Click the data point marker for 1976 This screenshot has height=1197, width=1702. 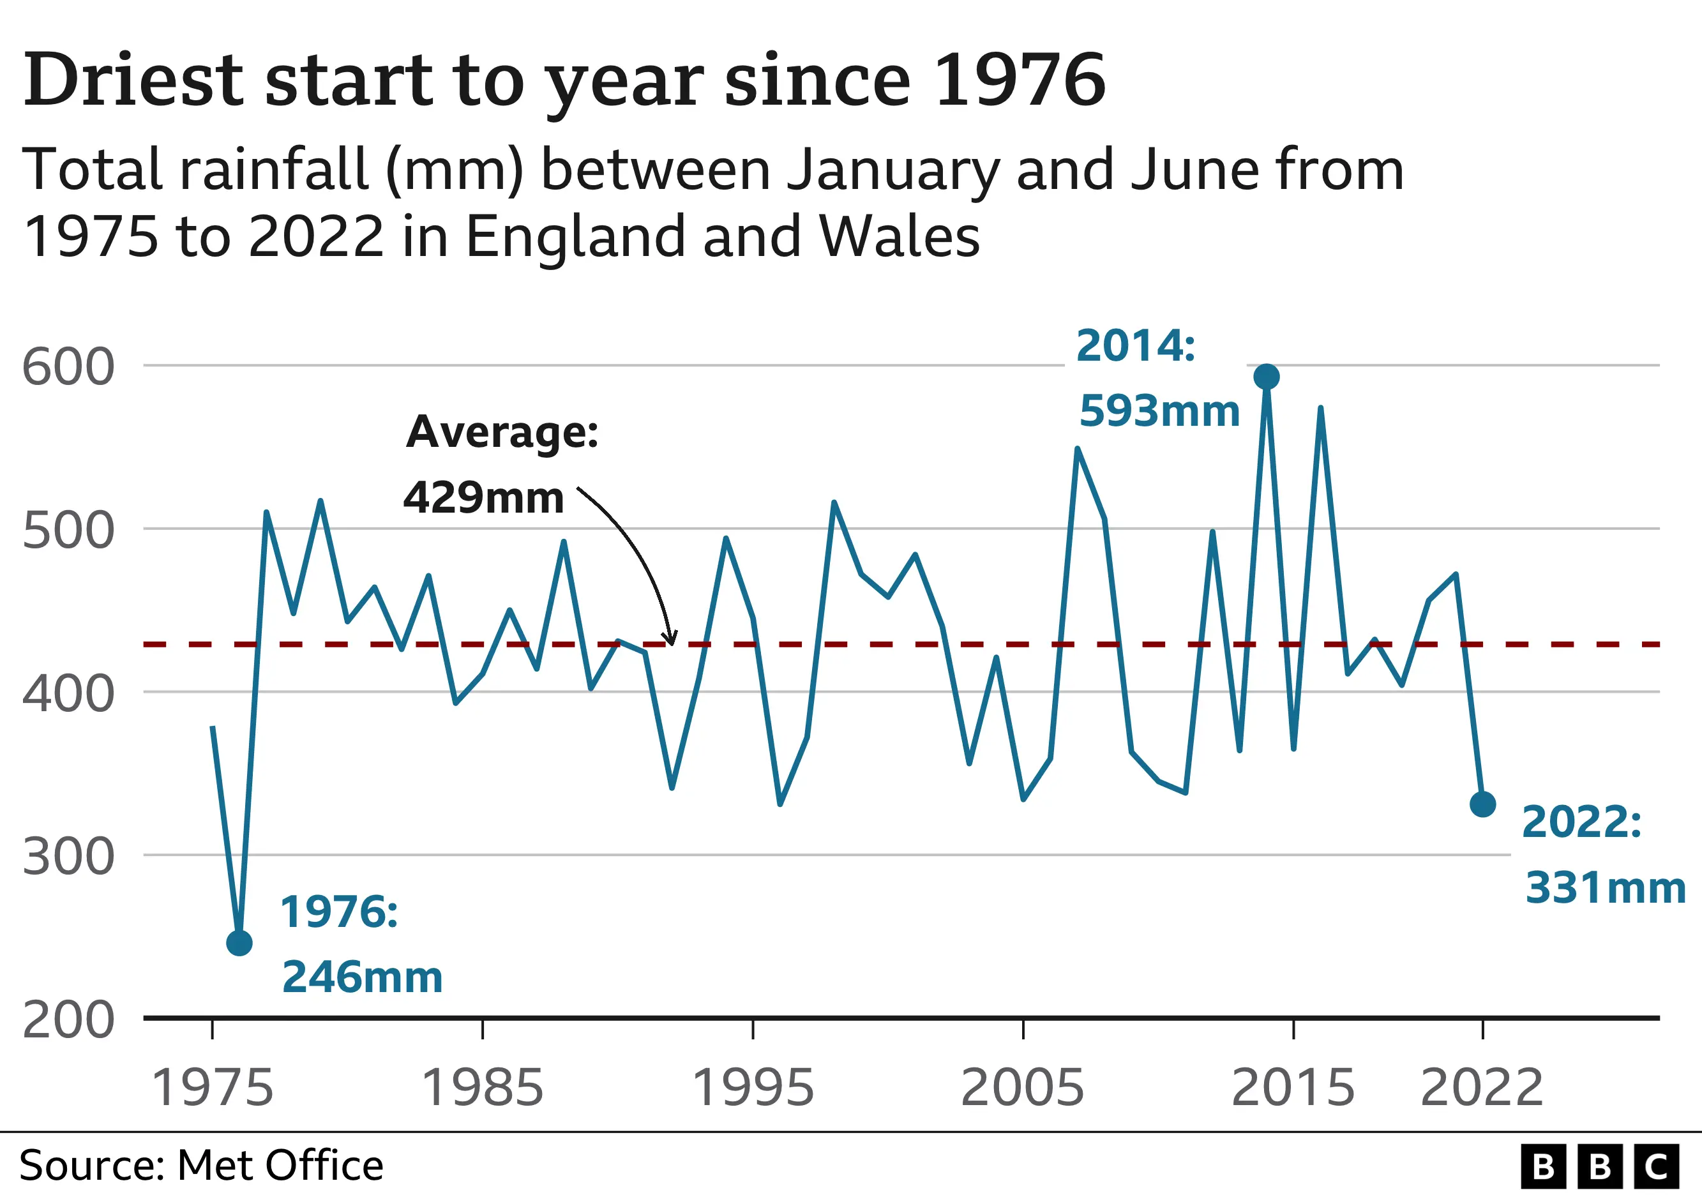tap(239, 943)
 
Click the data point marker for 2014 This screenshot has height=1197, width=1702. tap(1266, 377)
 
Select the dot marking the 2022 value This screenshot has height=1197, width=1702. tap(1482, 804)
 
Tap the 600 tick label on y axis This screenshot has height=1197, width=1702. tap(68, 367)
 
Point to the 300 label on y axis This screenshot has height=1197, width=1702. tap(68, 857)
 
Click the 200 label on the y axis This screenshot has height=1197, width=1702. tap(68, 1021)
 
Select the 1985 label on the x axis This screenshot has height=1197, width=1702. tap(483, 1087)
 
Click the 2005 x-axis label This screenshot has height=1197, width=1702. tap(1022, 1087)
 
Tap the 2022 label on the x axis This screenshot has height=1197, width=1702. tap(1482, 1087)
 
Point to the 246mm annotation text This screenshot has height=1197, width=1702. tap(363, 977)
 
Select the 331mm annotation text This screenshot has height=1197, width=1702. tap(1606, 888)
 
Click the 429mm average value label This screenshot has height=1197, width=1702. tap(483, 497)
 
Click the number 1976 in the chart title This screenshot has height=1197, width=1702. tap(1020, 80)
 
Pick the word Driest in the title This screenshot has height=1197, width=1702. tap(133, 80)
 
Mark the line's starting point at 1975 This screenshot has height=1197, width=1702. tap(213, 727)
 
